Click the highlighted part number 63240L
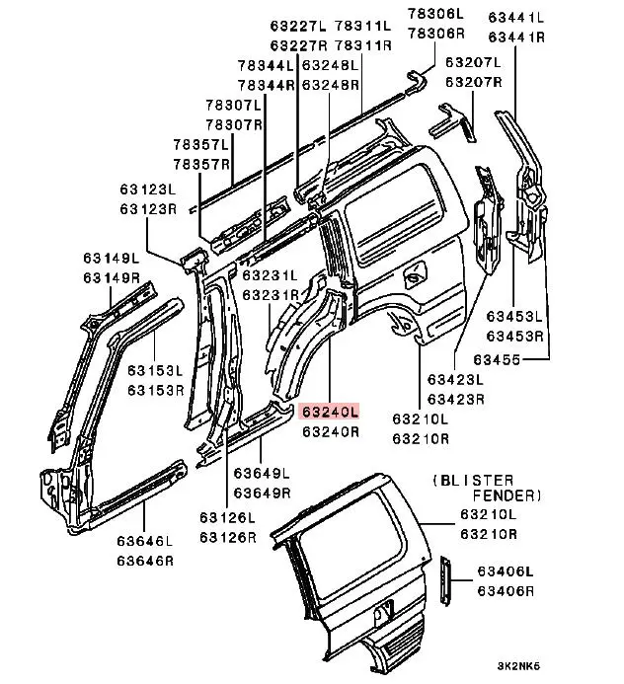pos(331,412)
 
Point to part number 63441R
pos(516,37)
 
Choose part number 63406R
pos(505,590)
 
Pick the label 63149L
pos(111,260)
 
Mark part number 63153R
pos(155,391)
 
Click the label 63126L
pos(226,518)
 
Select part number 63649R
pos(262,493)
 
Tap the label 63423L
pos(455,379)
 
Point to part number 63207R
pos(473,82)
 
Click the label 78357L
pos(201,144)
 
